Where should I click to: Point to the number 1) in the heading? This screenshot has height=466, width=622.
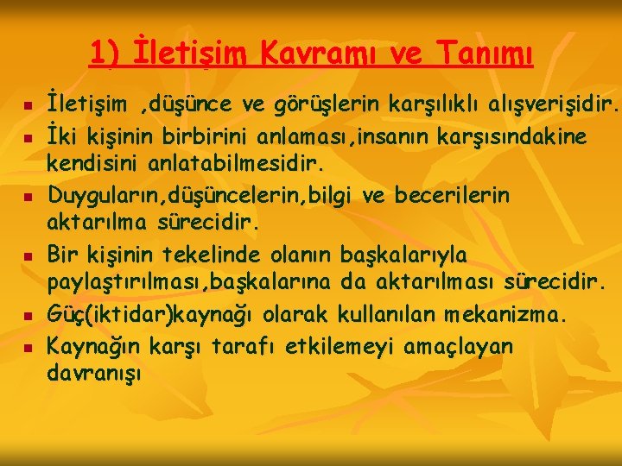tap(105, 54)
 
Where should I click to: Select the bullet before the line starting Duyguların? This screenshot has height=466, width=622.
tap(28, 198)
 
